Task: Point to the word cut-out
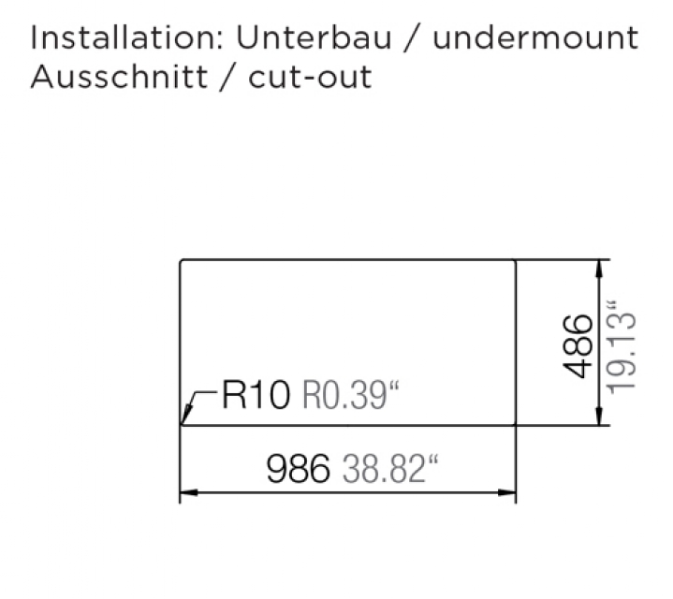coord(310,77)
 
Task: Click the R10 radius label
coord(256,396)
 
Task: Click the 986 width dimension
coord(299,468)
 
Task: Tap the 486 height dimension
coord(579,345)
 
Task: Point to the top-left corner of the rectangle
coord(180,259)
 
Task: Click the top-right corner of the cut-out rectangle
coord(516,259)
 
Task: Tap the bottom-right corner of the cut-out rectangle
coord(516,424)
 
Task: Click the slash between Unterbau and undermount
coord(408,39)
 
